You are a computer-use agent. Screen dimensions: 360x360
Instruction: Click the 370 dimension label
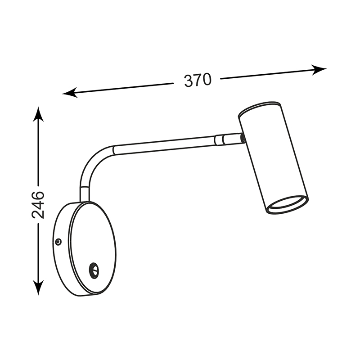point(198,80)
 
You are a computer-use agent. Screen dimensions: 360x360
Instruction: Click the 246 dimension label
point(38,205)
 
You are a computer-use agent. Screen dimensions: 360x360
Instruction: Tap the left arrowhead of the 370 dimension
point(70,93)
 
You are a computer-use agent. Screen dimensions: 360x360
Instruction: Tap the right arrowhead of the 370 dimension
point(319,70)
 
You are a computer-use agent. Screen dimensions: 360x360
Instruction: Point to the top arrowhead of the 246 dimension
point(38,114)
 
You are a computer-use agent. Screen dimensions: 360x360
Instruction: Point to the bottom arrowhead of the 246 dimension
point(38,287)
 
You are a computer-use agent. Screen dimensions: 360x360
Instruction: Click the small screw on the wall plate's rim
point(59,241)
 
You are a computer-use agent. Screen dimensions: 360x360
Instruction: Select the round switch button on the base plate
point(94,270)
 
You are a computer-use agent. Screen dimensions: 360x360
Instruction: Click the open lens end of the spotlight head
point(288,205)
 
